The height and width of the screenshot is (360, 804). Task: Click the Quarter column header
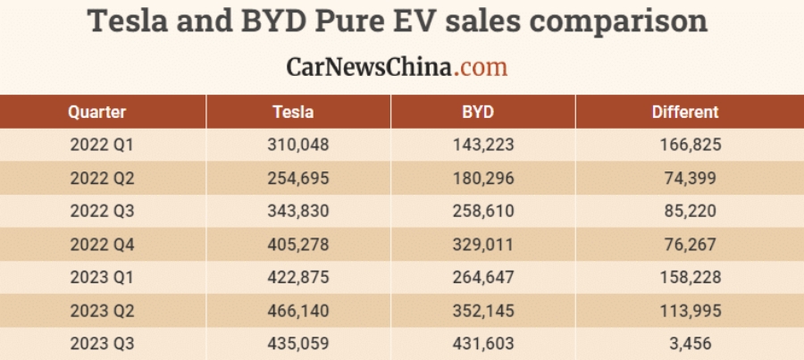97,113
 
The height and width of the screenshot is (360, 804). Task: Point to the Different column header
684,113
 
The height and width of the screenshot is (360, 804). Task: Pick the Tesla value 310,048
298,144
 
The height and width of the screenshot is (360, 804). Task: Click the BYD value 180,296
484,178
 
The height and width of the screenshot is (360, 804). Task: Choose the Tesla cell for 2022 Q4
298,244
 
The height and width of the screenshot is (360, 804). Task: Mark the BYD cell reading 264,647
484,277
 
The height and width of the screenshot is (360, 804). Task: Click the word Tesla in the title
144,21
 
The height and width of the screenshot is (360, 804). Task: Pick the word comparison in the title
616,21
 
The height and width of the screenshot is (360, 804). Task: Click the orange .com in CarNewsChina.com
480,66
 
